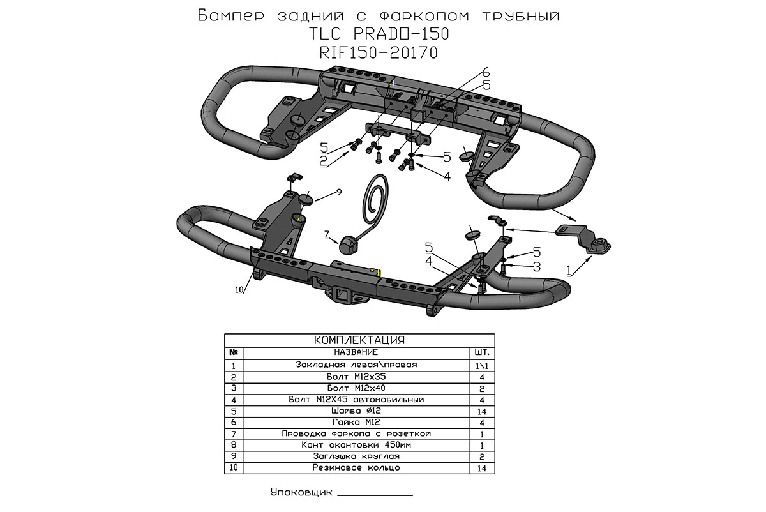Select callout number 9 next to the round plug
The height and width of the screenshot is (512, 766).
339,192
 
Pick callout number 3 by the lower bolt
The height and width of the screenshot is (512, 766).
537,265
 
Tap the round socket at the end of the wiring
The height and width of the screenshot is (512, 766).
349,245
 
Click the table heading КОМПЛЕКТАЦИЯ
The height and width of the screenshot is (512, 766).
361,340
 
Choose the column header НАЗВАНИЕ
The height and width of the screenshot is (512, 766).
356,352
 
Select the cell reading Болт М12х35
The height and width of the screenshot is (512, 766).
356,377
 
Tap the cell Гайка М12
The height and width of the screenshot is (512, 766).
356,422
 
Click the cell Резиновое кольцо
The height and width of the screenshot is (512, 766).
356,468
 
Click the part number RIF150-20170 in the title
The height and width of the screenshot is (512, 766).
379,53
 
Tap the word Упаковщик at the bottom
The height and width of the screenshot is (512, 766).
301,493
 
